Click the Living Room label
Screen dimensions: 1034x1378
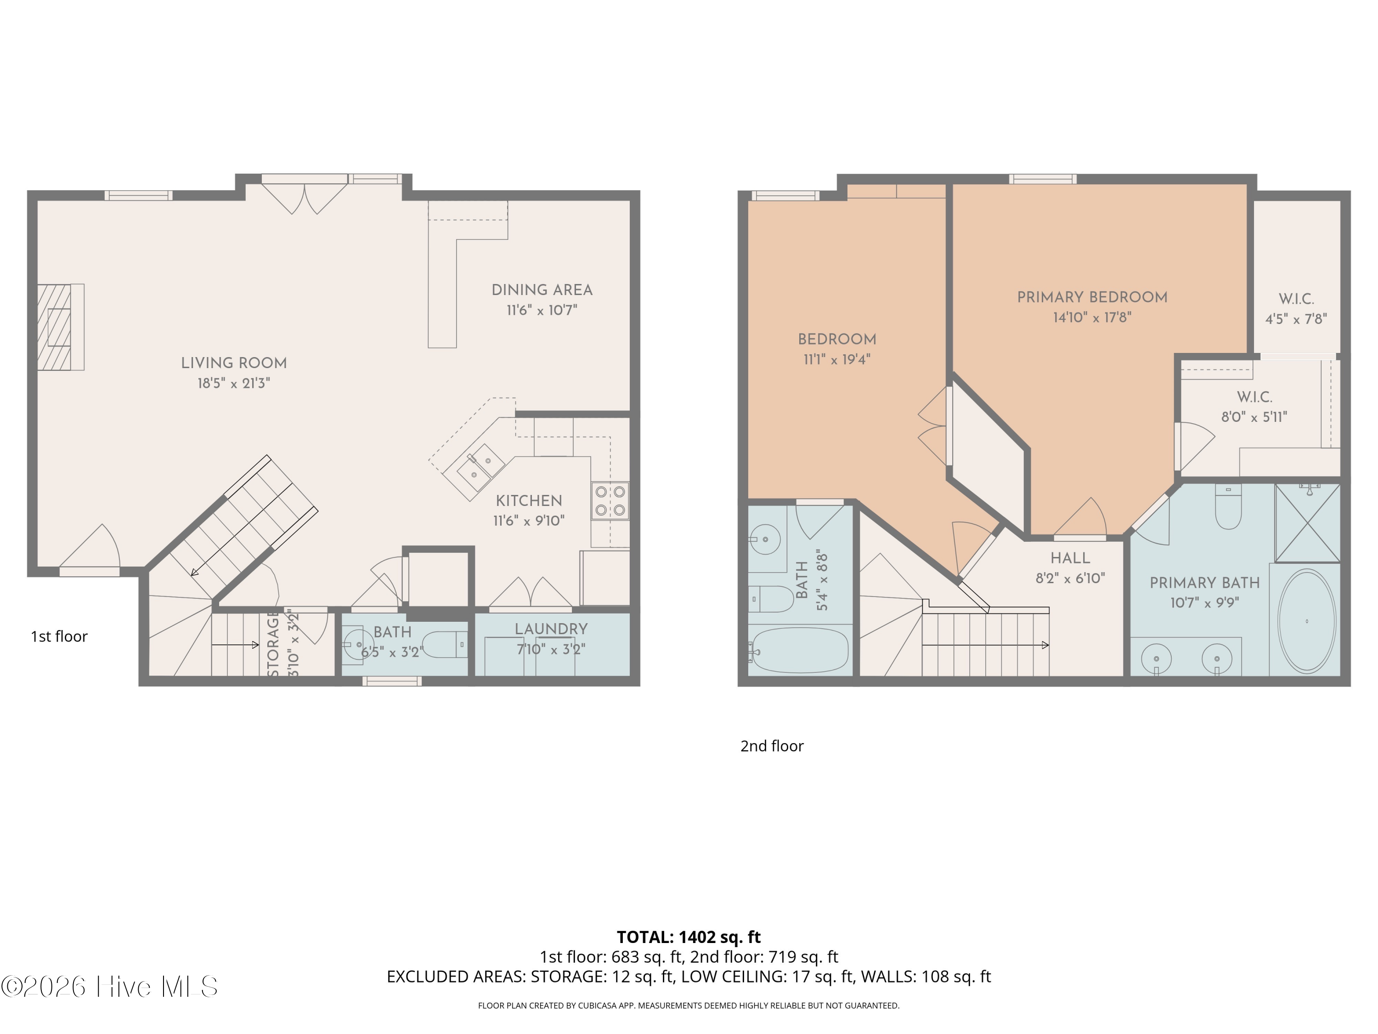coord(234,363)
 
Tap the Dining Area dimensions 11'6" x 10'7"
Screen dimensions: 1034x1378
coord(542,310)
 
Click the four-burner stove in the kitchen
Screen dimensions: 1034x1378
coord(610,500)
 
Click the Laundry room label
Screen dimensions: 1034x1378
coord(551,629)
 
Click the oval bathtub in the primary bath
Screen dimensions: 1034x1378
coord(1306,621)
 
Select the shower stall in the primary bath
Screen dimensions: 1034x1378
coord(1307,523)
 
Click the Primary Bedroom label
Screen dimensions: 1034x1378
coord(1092,297)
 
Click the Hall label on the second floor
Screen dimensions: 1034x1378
coord(1070,558)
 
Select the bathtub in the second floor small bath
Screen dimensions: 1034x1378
coord(799,650)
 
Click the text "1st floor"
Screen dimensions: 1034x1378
coord(59,636)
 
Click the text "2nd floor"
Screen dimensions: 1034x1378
coord(772,746)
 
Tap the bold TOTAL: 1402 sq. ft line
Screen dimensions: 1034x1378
coord(689,937)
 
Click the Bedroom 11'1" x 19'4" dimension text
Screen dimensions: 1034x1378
coord(836,359)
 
